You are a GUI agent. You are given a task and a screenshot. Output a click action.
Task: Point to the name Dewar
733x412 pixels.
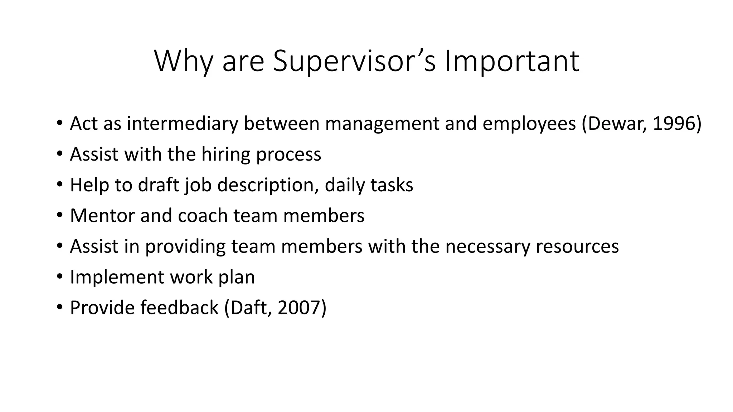(616, 123)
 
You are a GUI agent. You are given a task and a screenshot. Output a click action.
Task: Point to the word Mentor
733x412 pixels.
(102, 216)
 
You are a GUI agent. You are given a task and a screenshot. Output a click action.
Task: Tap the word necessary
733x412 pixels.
(487, 246)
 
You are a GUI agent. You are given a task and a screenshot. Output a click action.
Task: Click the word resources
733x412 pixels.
(577, 246)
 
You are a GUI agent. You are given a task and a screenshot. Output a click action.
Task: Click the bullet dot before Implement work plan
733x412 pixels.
(59, 276)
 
